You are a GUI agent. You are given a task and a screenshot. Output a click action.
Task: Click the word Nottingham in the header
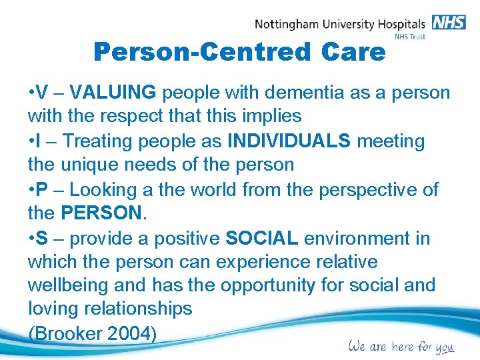pos(287,25)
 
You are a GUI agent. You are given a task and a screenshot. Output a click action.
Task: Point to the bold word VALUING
pos(113,92)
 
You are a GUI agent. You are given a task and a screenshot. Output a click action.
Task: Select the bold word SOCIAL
pos(261,238)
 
